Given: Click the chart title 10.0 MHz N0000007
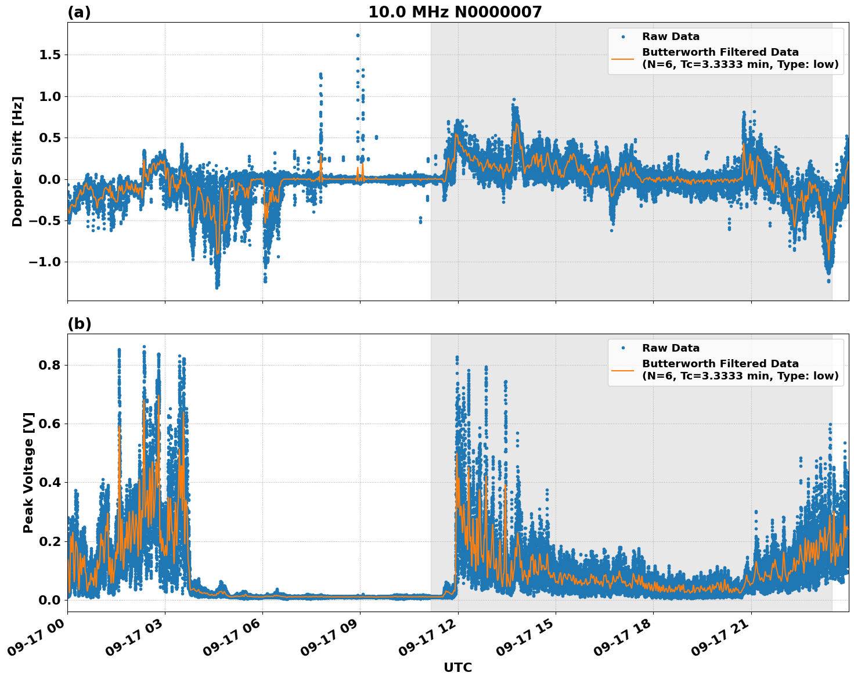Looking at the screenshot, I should tap(455, 12).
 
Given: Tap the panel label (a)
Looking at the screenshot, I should tap(79, 12).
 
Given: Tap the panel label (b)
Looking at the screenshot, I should tap(79, 324).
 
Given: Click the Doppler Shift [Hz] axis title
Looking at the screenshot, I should tap(17, 161).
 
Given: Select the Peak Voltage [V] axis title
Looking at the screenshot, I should tap(28, 472).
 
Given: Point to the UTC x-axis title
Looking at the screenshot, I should tap(457, 667).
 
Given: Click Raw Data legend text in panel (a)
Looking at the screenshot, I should tap(671, 37).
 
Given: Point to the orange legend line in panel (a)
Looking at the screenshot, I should tap(622, 58).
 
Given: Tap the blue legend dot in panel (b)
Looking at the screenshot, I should tap(622, 348).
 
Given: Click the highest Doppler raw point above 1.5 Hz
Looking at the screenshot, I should tap(358, 35).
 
